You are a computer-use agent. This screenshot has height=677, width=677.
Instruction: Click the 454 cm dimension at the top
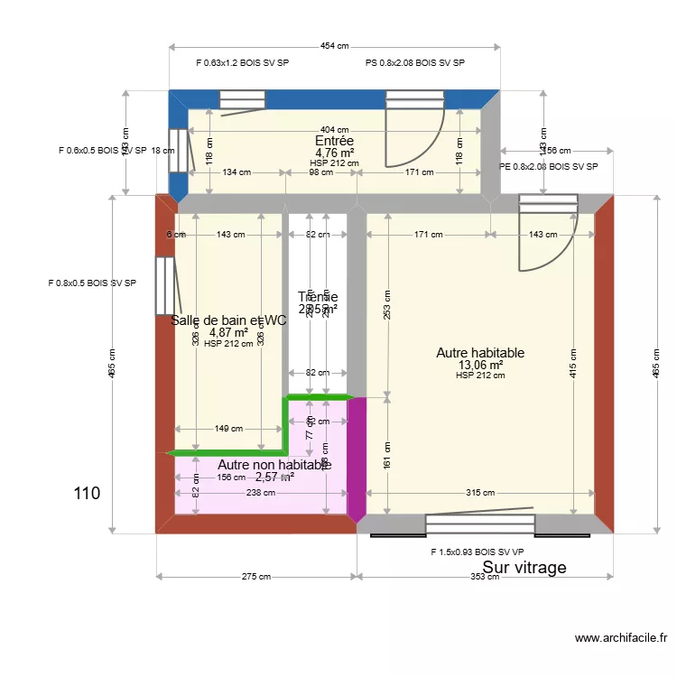click(x=334, y=47)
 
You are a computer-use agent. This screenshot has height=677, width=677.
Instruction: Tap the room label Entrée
click(x=334, y=141)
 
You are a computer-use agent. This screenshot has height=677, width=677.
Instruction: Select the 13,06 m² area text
click(x=480, y=365)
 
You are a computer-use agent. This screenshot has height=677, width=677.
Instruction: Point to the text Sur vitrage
click(x=524, y=568)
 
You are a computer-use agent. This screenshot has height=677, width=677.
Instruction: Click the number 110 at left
click(x=87, y=494)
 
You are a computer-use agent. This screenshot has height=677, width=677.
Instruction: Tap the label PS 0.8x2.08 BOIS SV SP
click(x=414, y=63)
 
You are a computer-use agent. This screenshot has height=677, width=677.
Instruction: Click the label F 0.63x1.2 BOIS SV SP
click(x=242, y=63)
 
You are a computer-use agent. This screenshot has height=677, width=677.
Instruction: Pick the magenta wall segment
click(x=357, y=459)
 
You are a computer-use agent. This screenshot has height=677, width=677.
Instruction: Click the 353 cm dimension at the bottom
click(x=485, y=577)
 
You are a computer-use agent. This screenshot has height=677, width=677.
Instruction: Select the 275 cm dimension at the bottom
click(x=256, y=577)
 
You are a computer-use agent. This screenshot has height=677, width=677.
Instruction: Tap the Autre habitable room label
click(x=480, y=353)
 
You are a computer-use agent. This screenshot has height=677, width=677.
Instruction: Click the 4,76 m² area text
click(x=334, y=153)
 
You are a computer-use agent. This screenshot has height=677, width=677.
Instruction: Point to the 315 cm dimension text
click(x=480, y=493)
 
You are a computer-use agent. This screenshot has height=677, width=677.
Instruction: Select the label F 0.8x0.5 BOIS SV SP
click(x=92, y=283)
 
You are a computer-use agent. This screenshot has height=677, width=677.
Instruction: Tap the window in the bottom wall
click(x=479, y=524)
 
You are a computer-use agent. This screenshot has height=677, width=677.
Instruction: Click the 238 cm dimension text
click(x=260, y=493)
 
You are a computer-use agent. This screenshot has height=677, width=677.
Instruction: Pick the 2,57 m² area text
click(x=274, y=477)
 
